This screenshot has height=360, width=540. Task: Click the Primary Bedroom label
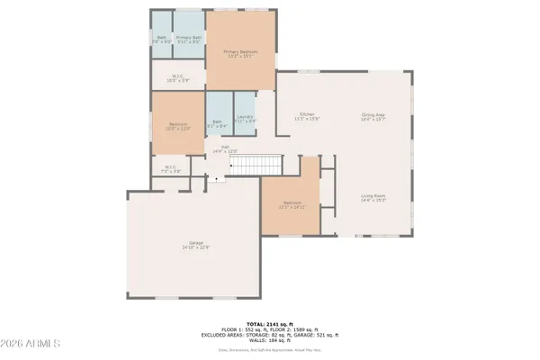click(x=241, y=53)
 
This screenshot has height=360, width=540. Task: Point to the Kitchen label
click(x=309, y=116)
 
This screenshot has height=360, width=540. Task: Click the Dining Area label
click(x=373, y=116)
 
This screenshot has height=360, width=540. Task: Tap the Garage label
click(x=195, y=245)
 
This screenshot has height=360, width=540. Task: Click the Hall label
click(x=225, y=150)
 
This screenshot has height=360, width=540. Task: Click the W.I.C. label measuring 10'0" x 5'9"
click(x=180, y=77)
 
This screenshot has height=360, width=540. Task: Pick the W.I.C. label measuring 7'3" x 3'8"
click(x=171, y=168)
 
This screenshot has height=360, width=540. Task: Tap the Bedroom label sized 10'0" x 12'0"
click(x=178, y=125)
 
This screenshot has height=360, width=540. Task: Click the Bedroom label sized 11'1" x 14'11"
click(x=293, y=204)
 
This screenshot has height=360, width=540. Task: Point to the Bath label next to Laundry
click(x=217, y=123)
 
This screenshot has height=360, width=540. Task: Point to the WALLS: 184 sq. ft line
click(x=269, y=340)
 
